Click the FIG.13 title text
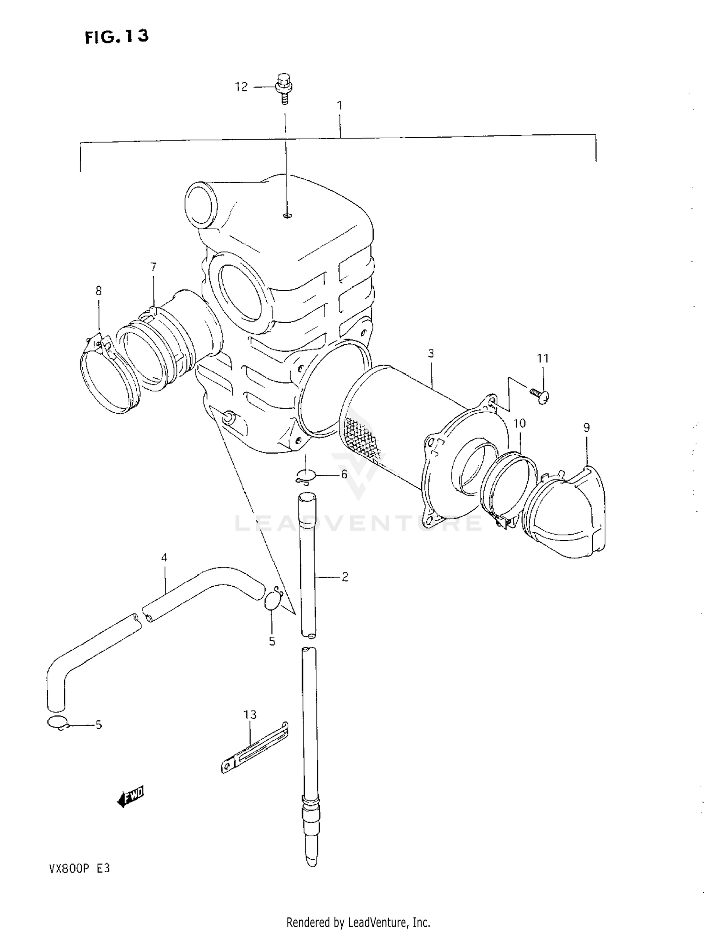(x=117, y=36)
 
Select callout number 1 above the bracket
(x=339, y=105)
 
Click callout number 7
(x=153, y=267)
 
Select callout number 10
(x=519, y=423)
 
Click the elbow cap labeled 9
(x=569, y=516)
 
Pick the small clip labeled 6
(x=305, y=476)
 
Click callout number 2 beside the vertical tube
(x=345, y=577)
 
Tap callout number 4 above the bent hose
(x=164, y=558)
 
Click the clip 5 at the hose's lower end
(x=58, y=723)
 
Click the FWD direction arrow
(x=130, y=796)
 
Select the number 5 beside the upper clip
(x=272, y=641)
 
